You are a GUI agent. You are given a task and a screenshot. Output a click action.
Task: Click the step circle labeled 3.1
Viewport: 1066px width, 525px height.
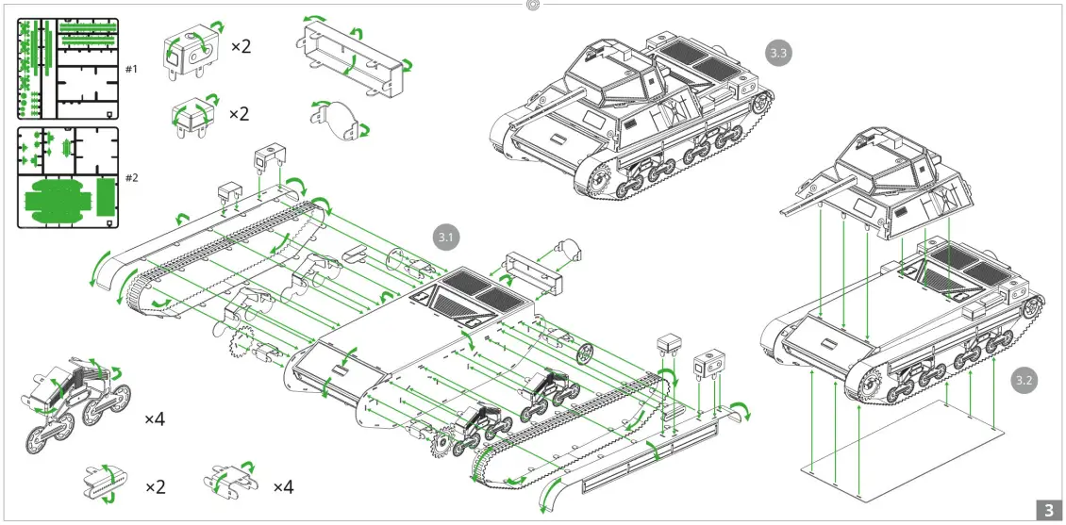[x=446, y=238]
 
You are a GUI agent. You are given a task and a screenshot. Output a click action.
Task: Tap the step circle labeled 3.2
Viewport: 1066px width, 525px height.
[x=1024, y=381]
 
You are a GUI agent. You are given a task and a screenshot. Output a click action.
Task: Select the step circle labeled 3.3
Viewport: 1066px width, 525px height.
[x=778, y=54]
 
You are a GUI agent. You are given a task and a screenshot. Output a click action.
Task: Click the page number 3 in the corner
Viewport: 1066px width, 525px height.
[x=1048, y=510]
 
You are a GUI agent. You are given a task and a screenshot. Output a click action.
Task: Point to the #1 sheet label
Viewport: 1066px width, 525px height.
[x=131, y=69]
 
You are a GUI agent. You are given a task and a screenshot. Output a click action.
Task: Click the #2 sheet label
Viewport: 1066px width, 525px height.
[x=131, y=177]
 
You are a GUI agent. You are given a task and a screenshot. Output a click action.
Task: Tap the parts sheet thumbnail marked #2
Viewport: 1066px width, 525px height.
[x=68, y=177]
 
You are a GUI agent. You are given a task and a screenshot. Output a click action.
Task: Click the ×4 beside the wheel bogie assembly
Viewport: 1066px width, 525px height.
[x=155, y=418]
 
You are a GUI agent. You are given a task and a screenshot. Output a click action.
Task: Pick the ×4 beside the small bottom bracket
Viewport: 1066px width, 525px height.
[x=283, y=487]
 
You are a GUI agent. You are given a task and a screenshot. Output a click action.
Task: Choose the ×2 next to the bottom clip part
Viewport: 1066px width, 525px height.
[x=156, y=487]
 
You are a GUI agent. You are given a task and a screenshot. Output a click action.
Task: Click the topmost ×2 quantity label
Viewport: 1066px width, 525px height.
[x=241, y=46]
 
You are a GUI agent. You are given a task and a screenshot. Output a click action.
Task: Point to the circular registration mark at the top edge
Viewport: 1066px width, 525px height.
[x=533, y=5]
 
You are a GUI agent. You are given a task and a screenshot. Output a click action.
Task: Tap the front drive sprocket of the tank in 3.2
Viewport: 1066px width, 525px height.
[x=870, y=383]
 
